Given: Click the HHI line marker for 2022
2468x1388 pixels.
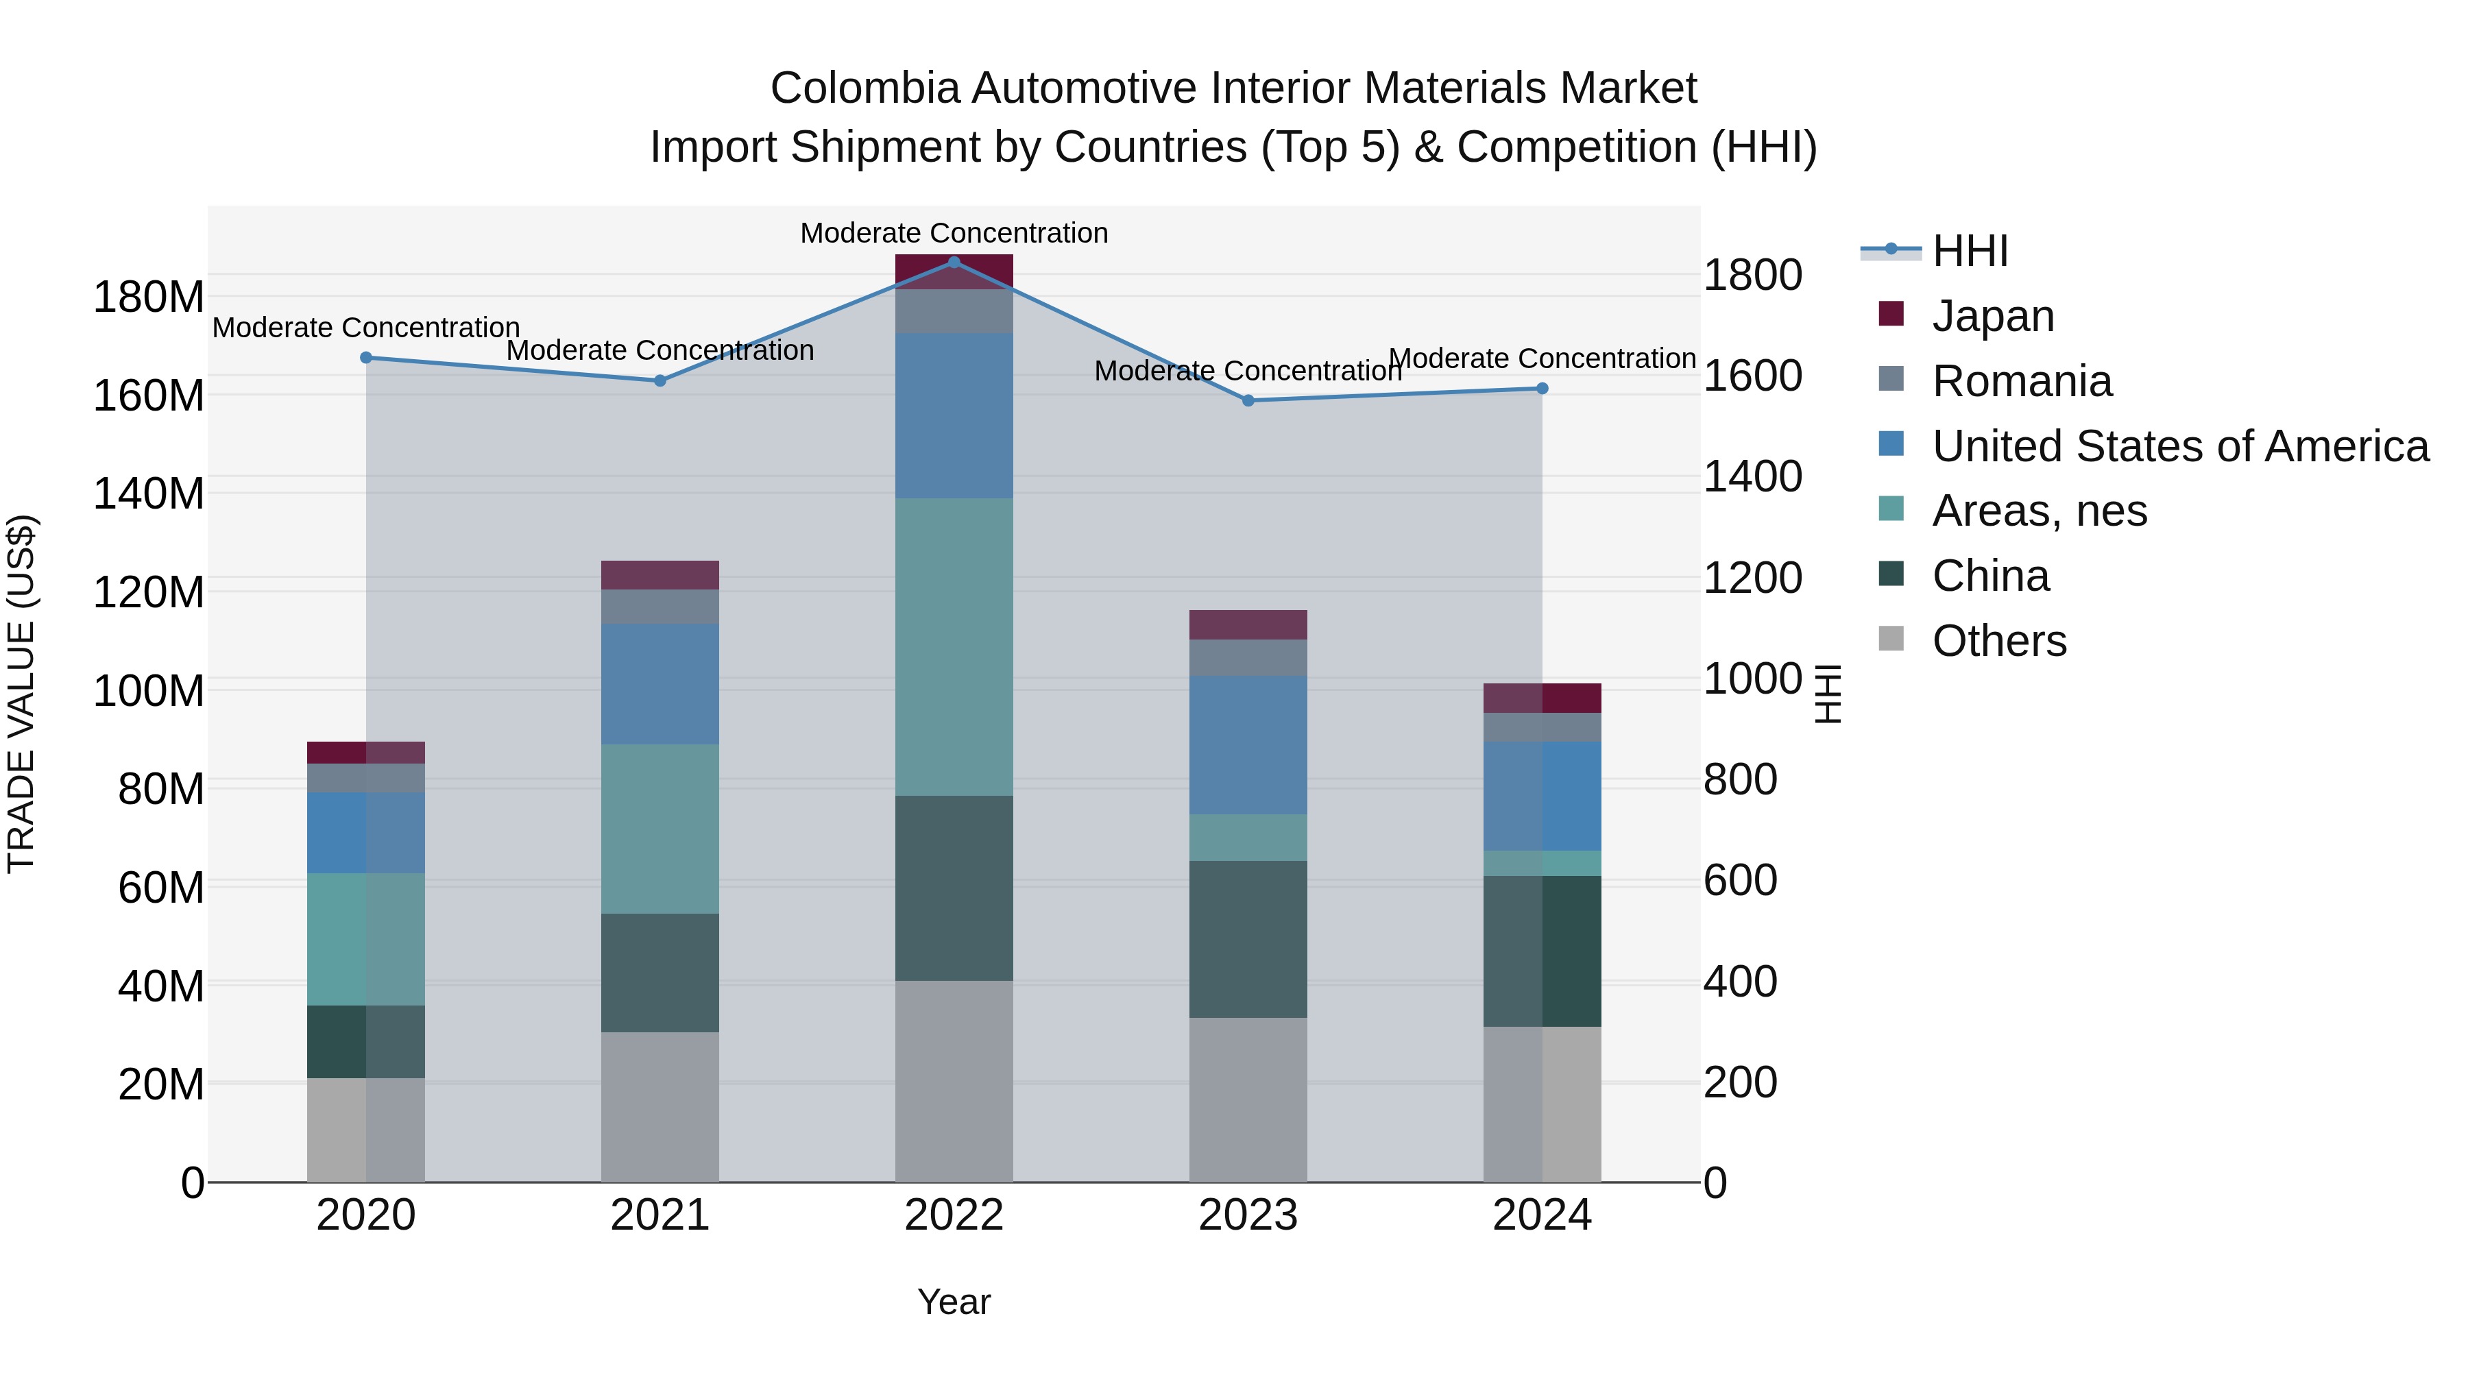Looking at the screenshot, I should coord(954,262).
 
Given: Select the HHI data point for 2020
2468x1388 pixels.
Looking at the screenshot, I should coord(366,357).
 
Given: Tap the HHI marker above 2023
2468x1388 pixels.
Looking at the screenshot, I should coord(1248,400).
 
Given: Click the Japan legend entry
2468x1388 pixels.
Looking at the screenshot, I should coord(1993,315).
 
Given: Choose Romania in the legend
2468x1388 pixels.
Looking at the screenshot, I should coord(2022,380).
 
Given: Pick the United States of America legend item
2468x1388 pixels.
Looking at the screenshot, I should coord(2179,446).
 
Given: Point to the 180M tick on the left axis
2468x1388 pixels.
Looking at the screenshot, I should coord(149,297).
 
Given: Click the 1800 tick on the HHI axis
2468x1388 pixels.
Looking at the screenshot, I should coord(1752,275).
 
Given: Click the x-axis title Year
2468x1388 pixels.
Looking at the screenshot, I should coord(954,1302).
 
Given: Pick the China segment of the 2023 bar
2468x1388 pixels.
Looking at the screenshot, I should coord(1248,939).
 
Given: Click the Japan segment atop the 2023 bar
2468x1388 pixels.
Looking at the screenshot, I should coord(1248,624).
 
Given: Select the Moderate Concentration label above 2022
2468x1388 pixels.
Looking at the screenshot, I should coord(954,233).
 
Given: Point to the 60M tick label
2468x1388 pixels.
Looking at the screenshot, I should coord(161,887).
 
